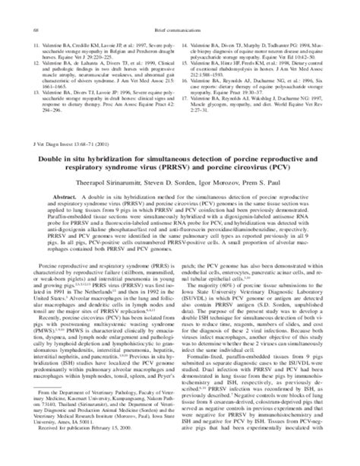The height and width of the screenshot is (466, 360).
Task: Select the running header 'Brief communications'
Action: (x=180, y=8)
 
